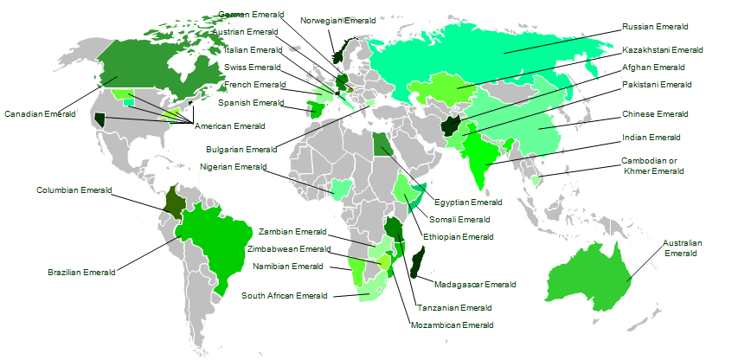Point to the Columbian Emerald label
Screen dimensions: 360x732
point(70,190)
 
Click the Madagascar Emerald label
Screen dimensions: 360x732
point(475,284)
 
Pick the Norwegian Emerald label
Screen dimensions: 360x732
point(338,20)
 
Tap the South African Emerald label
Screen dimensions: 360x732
point(285,296)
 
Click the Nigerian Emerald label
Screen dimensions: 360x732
point(234,167)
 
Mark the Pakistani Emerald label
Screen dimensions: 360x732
point(657,85)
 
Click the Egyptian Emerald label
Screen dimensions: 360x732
point(468,202)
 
